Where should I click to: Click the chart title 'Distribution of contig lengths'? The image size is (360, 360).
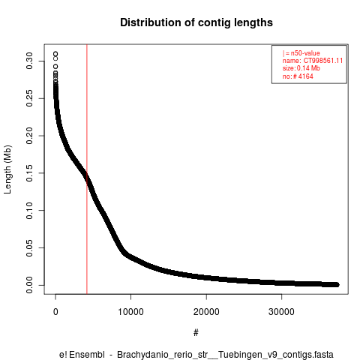196,22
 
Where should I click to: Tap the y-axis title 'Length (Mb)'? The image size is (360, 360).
8,169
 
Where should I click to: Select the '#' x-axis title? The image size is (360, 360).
196,333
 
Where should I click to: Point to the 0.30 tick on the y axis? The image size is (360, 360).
29,61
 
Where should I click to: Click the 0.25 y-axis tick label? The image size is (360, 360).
29,98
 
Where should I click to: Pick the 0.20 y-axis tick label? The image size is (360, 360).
29,136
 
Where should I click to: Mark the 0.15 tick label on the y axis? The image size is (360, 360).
29,173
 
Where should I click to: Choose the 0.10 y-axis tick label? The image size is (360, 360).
29,210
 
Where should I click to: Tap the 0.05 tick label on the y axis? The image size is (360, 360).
29,247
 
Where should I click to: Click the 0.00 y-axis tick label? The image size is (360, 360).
29,285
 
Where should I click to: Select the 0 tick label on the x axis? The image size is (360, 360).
55,312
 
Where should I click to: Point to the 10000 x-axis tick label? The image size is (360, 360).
131,312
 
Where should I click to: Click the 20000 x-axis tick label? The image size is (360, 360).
206,312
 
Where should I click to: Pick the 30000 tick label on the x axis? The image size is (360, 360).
282,312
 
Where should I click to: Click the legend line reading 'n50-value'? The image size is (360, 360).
301,53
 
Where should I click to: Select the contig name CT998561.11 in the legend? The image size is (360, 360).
323,61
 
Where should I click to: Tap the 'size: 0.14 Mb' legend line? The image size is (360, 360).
301,68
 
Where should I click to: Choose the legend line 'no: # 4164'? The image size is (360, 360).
298,76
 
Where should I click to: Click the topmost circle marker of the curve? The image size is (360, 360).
55,54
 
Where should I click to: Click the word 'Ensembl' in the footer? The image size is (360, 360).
87,355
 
